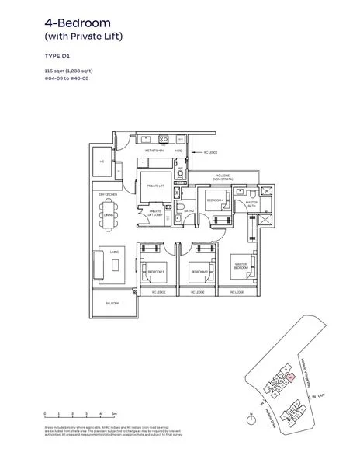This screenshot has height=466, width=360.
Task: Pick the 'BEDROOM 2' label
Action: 198,272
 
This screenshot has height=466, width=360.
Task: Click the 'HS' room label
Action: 102,162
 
